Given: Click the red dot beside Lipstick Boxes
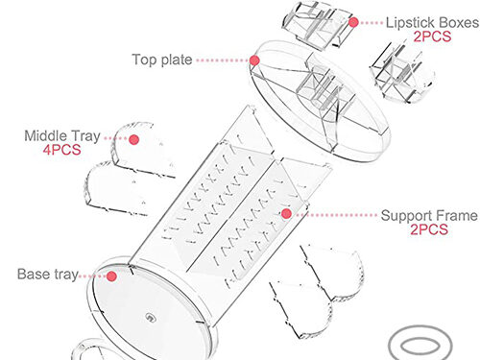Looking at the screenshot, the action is (x=353, y=22).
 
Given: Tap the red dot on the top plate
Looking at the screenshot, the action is (x=254, y=60).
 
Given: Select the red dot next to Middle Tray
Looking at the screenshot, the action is (x=133, y=139).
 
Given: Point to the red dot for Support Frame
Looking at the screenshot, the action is (x=286, y=214).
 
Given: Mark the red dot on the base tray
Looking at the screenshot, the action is (x=111, y=276).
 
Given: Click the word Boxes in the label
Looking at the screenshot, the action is (x=459, y=23).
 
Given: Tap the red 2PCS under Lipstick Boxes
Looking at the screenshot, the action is (x=432, y=36).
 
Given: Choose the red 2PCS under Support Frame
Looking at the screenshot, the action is (x=429, y=229).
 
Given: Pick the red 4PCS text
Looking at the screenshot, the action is (x=61, y=150).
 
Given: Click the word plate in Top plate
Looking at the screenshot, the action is (x=177, y=60).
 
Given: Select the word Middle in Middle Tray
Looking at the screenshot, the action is (x=44, y=135).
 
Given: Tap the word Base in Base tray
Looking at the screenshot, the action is (x=34, y=275).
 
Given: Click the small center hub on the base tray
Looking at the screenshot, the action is (x=150, y=317).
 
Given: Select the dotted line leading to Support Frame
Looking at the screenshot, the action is (x=336, y=215).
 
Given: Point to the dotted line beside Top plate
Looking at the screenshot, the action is (x=223, y=60).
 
